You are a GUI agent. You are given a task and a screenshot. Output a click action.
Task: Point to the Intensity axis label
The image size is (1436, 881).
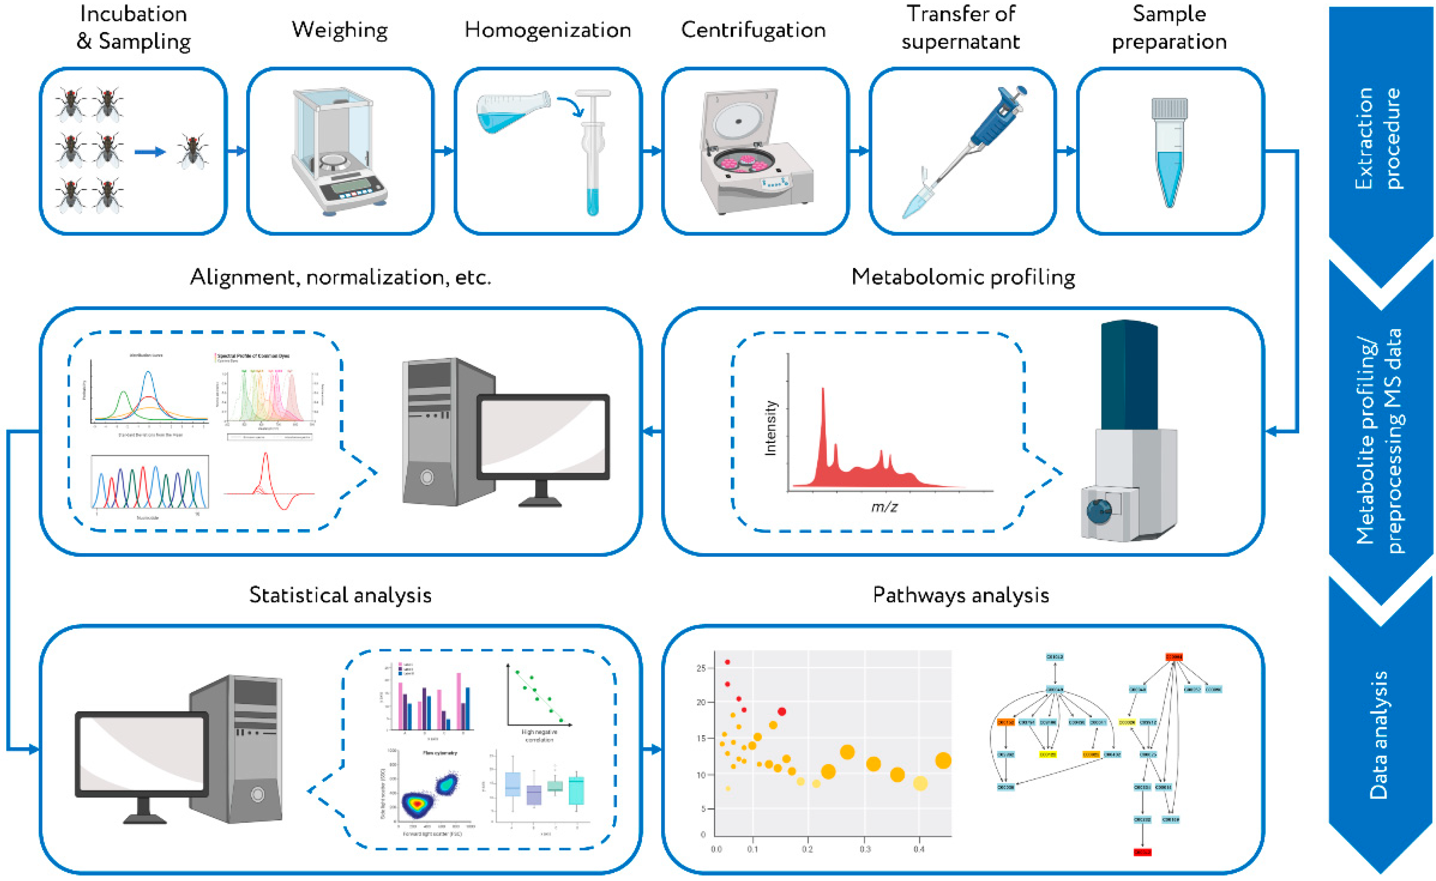pos(770,428)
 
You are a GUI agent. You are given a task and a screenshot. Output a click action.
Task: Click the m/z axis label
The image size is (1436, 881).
pos(884,507)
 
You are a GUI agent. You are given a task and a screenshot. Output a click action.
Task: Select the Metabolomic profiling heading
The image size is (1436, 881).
pos(963,277)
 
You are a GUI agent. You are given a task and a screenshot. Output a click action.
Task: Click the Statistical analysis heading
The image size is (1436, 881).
pos(340,595)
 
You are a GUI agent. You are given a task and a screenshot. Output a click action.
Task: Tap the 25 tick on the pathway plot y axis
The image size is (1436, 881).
pos(701,668)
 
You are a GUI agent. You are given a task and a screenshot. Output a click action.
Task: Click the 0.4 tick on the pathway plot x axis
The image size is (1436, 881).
pos(919,849)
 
